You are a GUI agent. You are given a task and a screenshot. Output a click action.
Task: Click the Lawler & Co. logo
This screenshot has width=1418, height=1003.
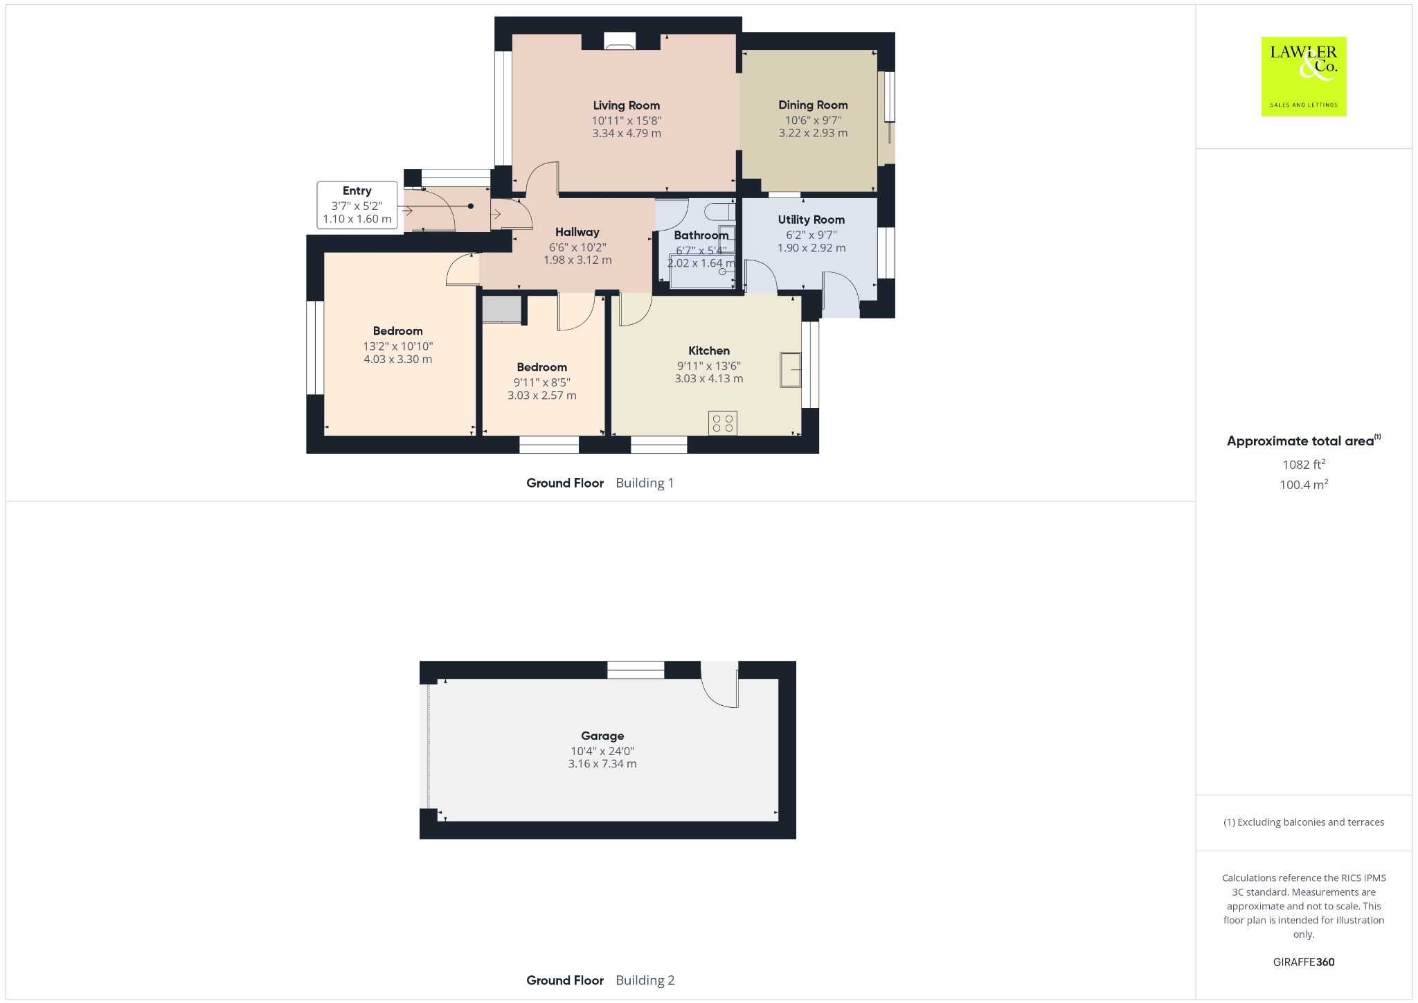pos(1303,76)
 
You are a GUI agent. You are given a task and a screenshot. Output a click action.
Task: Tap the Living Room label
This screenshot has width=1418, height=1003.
pos(626,105)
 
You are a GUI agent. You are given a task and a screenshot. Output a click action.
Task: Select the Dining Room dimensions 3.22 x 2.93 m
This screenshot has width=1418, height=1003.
pos(813,133)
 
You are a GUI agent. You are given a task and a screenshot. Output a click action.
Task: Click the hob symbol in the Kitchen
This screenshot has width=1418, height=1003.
pos(723,423)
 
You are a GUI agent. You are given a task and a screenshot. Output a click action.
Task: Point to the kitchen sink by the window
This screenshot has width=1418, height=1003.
pos(790,370)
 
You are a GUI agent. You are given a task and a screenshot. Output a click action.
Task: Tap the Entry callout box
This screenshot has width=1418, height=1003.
pos(357,205)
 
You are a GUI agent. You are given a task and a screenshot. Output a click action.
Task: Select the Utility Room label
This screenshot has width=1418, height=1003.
pos(811,220)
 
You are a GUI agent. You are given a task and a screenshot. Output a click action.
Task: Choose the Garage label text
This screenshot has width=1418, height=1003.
pos(602,736)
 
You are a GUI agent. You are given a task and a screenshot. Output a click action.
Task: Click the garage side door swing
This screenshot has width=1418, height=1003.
pos(720,686)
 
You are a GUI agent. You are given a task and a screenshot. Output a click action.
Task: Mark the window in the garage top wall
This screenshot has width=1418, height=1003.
pos(636,670)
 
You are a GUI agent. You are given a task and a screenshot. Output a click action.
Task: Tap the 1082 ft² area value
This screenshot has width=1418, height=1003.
pos(1303,465)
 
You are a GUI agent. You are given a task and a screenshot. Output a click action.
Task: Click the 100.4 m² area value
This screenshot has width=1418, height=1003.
pos(1303,485)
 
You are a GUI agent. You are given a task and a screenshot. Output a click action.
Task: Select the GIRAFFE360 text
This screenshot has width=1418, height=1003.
pos(1303,962)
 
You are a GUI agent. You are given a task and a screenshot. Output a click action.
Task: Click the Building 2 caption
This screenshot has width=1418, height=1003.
pos(645,980)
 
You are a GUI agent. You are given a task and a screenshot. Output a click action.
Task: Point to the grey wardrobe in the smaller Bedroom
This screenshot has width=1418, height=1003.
pos(501,310)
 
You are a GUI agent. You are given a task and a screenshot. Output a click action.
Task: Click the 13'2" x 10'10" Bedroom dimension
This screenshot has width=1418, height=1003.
pos(398,346)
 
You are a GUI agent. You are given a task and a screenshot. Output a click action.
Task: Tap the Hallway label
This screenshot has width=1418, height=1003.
pos(577,232)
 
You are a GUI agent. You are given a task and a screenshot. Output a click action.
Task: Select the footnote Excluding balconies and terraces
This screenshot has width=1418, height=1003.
pos(1303,822)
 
